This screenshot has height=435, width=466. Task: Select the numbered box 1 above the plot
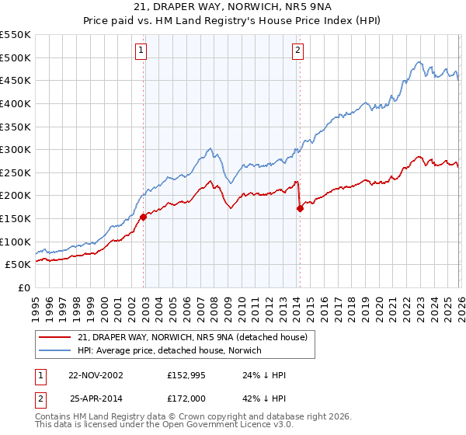point(141,50)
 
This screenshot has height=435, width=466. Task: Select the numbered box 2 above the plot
point(297,50)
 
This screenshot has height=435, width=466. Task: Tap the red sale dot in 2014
point(300,208)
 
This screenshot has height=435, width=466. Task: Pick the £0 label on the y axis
point(23,287)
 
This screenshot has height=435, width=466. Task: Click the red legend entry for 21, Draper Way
point(193,337)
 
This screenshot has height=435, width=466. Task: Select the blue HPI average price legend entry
point(169,350)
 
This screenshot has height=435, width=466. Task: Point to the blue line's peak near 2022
point(419,62)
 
